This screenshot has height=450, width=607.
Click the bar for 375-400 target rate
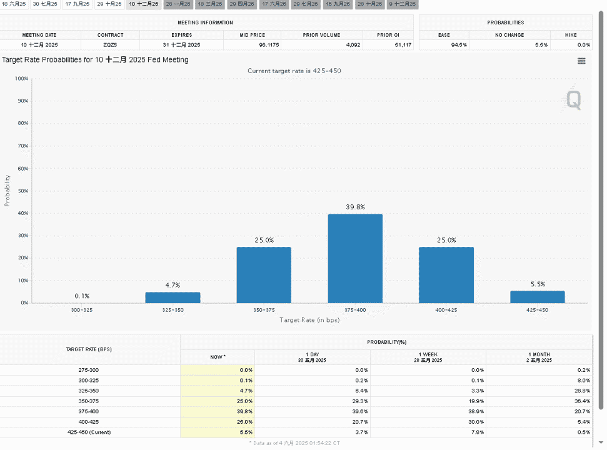click(355, 259)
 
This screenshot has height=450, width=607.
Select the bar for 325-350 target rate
click(173, 297)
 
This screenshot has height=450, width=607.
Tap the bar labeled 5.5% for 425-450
click(538, 297)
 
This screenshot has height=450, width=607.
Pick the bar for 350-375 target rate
click(264, 275)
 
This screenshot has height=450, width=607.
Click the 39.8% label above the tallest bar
click(355, 207)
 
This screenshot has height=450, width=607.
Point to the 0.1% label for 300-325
click(82, 296)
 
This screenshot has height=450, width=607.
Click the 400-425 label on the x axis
click(446, 310)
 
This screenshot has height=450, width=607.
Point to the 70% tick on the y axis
click(23, 146)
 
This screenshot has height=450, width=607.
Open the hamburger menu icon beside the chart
click(581, 61)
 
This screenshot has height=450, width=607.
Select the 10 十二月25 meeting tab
click(144, 4)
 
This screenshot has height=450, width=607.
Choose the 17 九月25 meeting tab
click(78, 4)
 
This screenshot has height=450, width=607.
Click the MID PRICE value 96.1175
click(269, 45)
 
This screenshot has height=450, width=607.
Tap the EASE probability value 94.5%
click(459, 45)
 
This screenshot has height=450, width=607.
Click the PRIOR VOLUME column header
click(322, 35)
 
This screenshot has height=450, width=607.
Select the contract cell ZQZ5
click(110, 45)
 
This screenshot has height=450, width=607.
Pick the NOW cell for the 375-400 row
click(218, 411)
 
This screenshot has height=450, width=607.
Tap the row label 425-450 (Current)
click(89, 432)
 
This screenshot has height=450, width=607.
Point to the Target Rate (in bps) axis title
click(309, 320)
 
